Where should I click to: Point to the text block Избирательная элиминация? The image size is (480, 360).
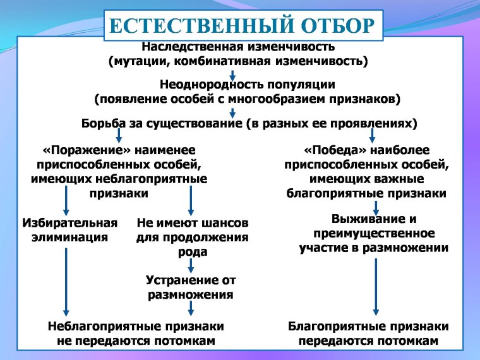(69, 230)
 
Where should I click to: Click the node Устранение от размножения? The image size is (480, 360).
(191, 287)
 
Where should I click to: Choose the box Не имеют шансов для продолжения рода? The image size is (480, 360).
(192, 237)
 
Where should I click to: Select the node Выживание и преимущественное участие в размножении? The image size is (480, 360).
(374, 234)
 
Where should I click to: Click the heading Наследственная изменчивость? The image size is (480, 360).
(238, 47)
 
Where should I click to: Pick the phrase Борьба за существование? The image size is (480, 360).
(161, 123)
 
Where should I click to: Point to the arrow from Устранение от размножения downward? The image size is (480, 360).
(191, 308)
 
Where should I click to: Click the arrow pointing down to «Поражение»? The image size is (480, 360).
(119, 135)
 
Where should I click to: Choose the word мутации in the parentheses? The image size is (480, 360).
(137, 61)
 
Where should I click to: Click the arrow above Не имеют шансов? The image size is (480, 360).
(191, 202)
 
